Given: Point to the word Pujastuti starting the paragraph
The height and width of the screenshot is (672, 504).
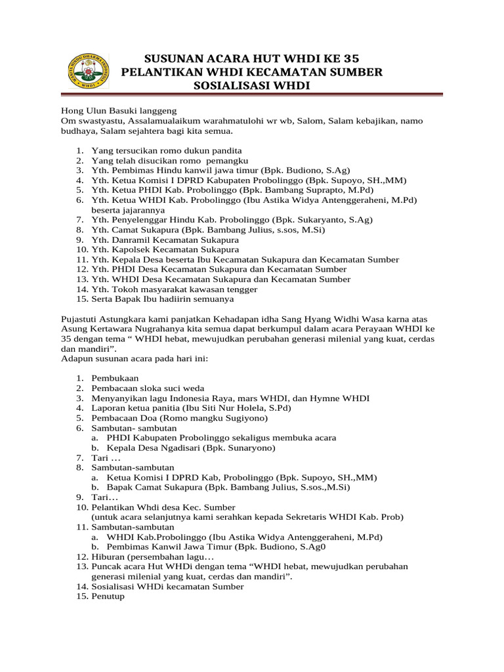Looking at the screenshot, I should coord(83,319).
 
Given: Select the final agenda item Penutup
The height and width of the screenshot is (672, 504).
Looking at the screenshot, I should coord(108,597).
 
